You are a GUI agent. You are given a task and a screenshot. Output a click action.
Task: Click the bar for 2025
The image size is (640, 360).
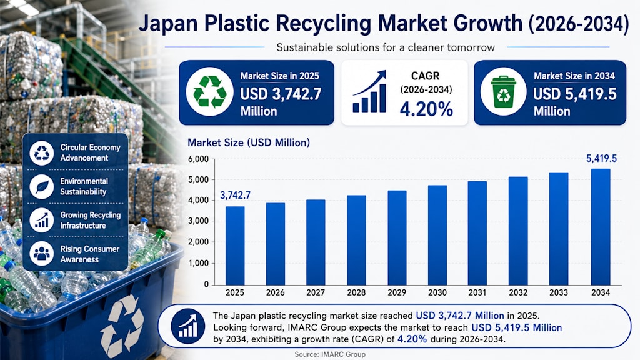(235, 246)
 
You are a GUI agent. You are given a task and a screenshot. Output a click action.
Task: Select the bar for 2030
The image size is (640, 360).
(437, 235)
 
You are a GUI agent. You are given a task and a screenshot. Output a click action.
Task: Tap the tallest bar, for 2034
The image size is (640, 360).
(601, 227)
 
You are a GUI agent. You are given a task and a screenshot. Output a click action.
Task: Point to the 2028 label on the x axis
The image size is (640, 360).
(356, 292)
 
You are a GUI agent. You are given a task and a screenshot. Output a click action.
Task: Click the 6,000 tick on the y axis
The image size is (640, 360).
(198, 159)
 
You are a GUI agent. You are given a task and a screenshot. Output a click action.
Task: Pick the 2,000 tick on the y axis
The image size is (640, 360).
(198, 242)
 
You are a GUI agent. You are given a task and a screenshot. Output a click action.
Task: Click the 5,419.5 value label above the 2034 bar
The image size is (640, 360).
(601, 158)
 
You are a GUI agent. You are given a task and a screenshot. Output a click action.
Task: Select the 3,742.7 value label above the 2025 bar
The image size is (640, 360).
(235, 195)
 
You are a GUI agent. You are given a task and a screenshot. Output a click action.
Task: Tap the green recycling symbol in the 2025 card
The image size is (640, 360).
(209, 92)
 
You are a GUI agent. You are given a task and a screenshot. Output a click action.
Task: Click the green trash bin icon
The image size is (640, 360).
(503, 92)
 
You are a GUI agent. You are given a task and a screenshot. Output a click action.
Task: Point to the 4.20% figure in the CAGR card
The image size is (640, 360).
(426, 109)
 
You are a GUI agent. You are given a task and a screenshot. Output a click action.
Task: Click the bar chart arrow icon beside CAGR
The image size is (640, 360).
(369, 91)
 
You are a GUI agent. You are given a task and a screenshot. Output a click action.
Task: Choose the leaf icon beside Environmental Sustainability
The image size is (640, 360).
(42, 186)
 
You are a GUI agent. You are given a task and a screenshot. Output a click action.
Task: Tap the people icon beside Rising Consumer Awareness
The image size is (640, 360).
(42, 254)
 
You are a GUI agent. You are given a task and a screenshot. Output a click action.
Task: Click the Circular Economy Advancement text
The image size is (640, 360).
(90, 152)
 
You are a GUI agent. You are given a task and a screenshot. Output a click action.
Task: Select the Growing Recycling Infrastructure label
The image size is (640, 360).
(90, 221)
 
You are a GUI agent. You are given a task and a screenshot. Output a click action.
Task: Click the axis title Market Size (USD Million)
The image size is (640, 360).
(249, 143)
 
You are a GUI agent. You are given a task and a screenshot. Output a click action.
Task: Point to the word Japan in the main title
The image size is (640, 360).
(168, 23)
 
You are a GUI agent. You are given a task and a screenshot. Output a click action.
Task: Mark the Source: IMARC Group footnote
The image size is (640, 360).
(330, 354)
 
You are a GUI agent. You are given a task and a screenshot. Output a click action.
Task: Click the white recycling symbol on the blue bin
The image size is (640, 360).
(122, 325)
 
